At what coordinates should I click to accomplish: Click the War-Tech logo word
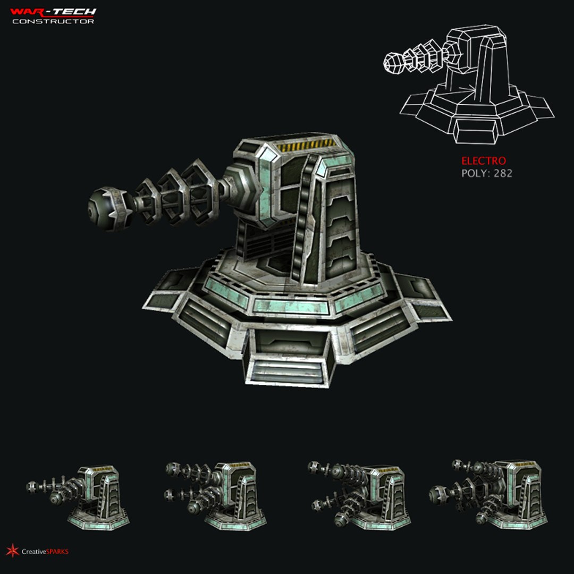pos(53,11)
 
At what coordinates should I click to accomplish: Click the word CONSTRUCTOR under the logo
pos(53,21)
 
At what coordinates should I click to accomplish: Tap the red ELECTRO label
pos(483,161)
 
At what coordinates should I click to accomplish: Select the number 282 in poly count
pos(503,173)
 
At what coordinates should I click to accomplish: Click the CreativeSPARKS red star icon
pos(12,551)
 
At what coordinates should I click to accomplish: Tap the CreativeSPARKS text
pos(45,552)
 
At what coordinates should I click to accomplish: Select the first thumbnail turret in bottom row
pos(80,497)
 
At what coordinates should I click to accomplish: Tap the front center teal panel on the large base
pos(290,305)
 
